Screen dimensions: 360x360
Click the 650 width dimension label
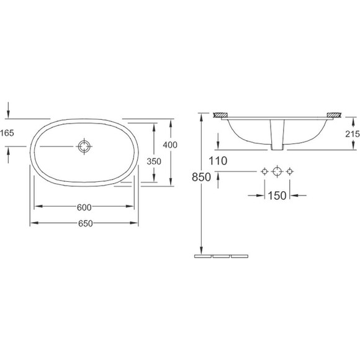point(86,223)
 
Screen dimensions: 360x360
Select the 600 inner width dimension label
point(84,207)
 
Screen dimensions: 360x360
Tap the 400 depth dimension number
point(170,145)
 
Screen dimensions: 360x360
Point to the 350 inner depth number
point(154,161)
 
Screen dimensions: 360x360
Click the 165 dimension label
point(7,133)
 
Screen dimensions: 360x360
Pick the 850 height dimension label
point(201,178)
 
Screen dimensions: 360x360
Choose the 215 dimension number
point(353,134)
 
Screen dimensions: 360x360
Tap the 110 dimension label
point(218,161)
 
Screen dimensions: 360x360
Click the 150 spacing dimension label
point(277,196)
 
